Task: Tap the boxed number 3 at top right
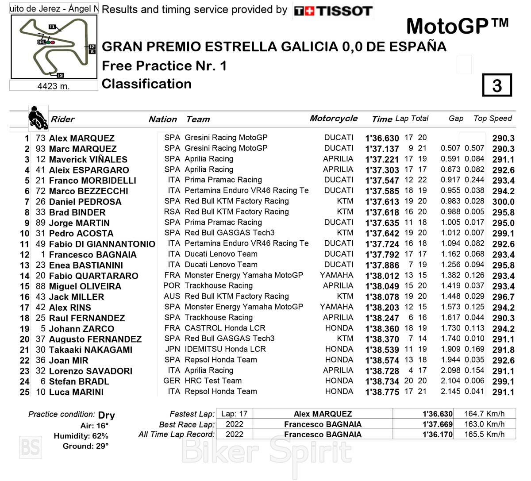(x=497, y=85)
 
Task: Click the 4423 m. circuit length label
(x=54, y=86)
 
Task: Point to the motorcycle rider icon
(x=38, y=118)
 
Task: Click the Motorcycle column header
(x=334, y=118)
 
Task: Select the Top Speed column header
(x=493, y=118)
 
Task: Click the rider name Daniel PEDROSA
(x=85, y=202)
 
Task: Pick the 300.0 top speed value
(x=503, y=202)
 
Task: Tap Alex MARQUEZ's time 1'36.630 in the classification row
(x=382, y=138)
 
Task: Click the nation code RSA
(x=172, y=212)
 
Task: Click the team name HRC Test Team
(x=213, y=381)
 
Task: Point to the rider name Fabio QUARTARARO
(x=93, y=276)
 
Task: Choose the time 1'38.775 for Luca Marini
(x=382, y=392)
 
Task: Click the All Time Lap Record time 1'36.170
(x=437, y=434)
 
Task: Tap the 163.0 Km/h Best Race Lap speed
(x=484, y=424)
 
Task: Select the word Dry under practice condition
(x=107, y=415)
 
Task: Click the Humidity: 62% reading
(x=81, y=436)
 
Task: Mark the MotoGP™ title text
(x=458, y=26)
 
